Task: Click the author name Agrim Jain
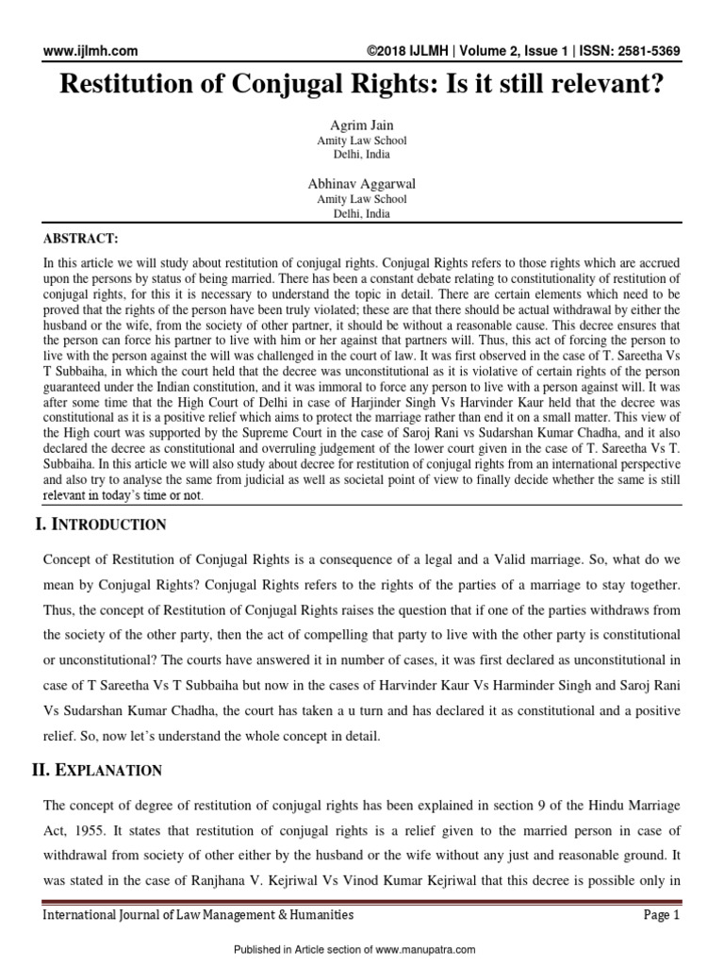click(x=362, y=125)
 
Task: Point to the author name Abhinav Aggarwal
click(x=362, y=184)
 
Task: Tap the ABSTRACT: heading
click(x=81, y=239)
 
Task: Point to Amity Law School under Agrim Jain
click(x=362, y=141)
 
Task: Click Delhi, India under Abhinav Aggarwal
click(x=362, y=214)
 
